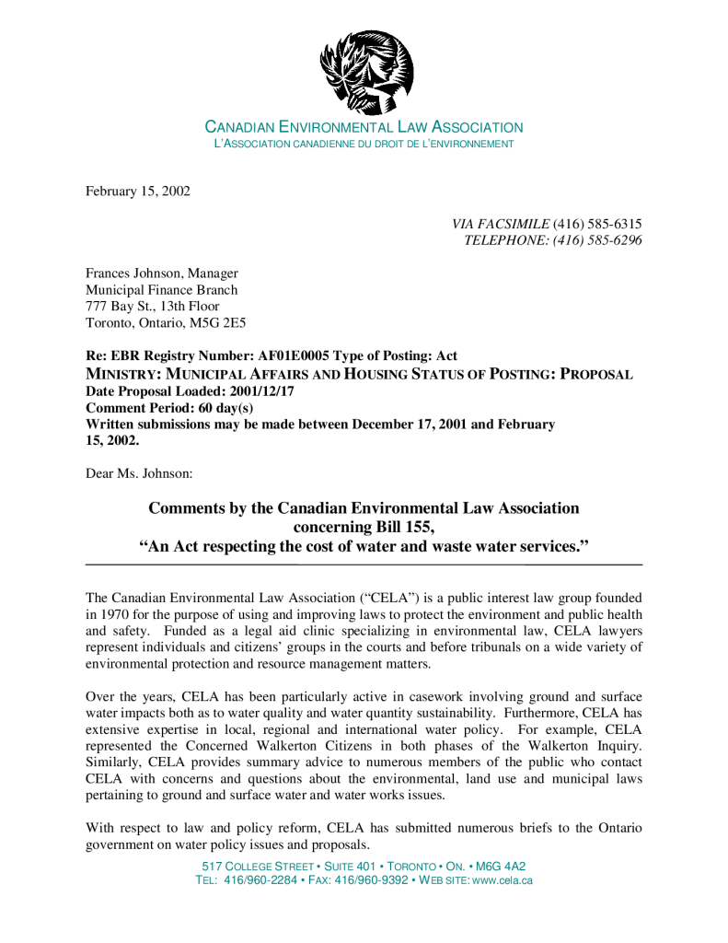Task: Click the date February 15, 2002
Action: [x=138, y=191]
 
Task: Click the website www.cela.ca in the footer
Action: [x=502, y=880]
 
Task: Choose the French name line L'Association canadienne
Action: [x=364, y=145]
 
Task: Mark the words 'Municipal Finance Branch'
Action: [x=161, y=290]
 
